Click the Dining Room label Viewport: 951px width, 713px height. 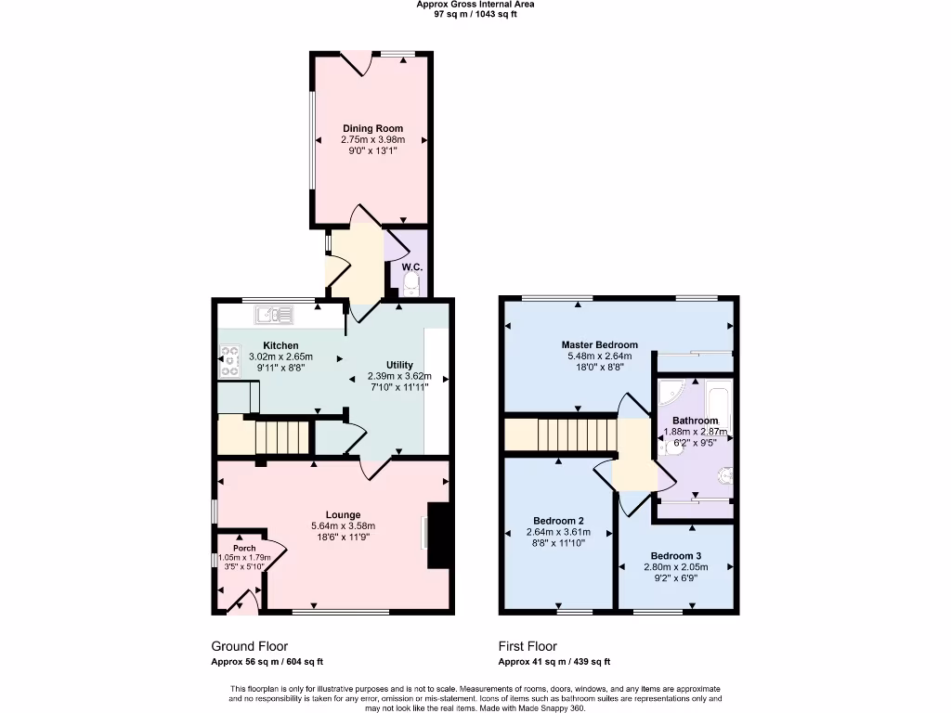[x=372, y=128]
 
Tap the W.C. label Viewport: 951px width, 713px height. [x=412, y=267]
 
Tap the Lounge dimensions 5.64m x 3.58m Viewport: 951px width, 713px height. [x=343, y=526]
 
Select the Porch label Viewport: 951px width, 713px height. [x=244, y=548]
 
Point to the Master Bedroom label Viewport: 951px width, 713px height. [x=599, y=344]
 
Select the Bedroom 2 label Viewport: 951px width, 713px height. [x=558, y=520]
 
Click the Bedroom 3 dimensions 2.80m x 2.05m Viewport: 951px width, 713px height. [x=676, y=566]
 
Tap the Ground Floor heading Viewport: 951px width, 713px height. [x=249, y=646]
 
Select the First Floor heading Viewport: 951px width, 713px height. [x=528, y=646]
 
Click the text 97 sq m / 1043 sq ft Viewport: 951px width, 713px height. [x=475, y=15]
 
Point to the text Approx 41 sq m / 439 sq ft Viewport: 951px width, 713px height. [x=554, y=662]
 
